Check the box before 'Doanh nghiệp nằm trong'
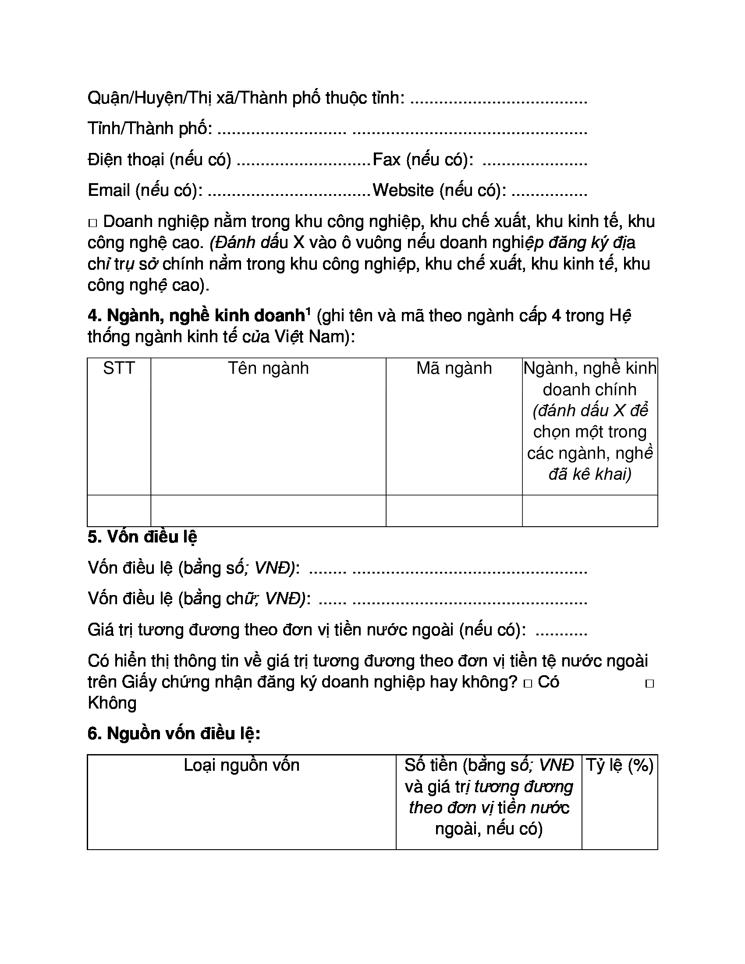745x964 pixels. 92,223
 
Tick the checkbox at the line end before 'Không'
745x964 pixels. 649,684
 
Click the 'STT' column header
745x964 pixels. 119,369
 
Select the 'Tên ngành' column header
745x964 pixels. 268,369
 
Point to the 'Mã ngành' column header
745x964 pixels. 454,369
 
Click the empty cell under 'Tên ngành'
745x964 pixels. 268,510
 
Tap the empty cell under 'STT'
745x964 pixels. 119,510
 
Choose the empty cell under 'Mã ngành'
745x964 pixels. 454,510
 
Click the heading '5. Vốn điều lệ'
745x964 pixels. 142,537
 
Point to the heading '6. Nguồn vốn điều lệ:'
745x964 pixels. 174,733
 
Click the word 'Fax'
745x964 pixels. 387,159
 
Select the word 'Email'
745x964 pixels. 109,190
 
